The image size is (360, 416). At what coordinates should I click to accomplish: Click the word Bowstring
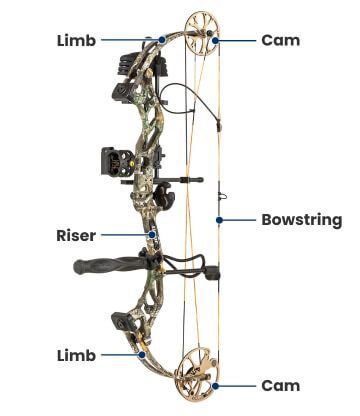(x=301, y=219)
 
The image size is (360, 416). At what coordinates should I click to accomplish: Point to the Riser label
(x=76, y=236)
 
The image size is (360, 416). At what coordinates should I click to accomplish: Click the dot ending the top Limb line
(x=161, y=41)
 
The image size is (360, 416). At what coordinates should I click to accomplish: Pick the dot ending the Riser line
(x=151, y=236)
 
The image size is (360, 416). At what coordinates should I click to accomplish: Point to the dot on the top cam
(x=213, y=41)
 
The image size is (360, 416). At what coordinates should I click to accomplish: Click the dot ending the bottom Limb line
(x=138, y=354)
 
